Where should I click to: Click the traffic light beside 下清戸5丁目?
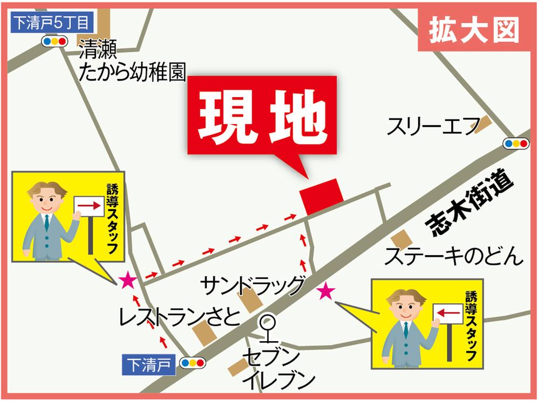[54, 41]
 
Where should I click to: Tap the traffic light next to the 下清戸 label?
[193, 363]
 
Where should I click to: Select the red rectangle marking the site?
[321, 196]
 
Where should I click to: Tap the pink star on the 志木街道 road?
[326, 292]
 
